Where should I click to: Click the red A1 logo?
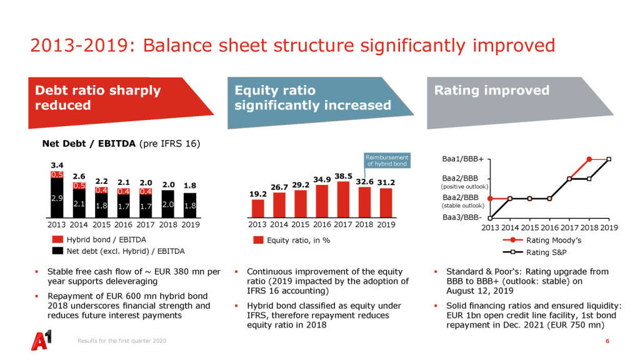[x=42, y=341]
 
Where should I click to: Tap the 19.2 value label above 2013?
[x=258, y=194]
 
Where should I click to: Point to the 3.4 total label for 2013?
[x=57, y=165]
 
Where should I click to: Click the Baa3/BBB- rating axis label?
[x=462, y=217]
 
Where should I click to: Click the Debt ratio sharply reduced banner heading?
[x=97, y=97]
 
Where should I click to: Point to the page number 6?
[x=606, y=341]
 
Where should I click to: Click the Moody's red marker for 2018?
[x=589, y=159]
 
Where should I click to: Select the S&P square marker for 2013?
[x=490, y=218]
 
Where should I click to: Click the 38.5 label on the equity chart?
[x=344, y=176]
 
